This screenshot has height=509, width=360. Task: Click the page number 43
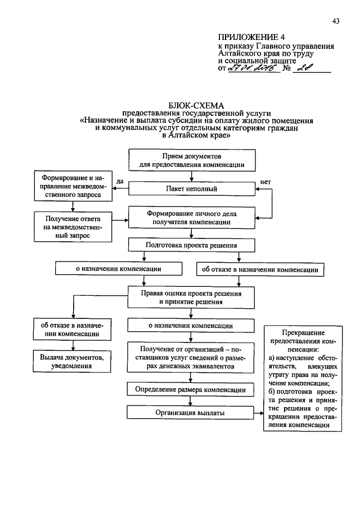click(336, 21)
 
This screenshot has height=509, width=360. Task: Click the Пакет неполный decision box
click(191, 189)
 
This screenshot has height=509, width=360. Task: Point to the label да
click(120, 181)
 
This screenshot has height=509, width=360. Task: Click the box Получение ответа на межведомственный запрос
click(73, 227)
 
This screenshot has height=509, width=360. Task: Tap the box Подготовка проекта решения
click(191, 245)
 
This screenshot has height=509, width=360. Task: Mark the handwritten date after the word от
click(252, 69)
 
